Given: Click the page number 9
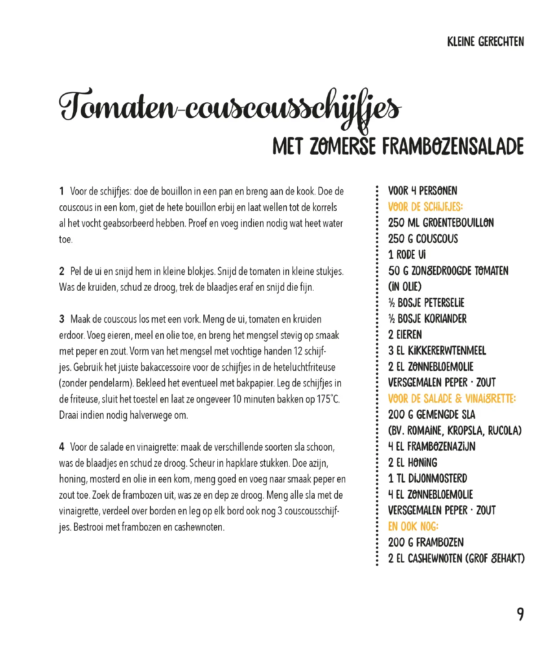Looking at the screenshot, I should click(520, 614).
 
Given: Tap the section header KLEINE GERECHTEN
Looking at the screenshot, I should click(485, 42).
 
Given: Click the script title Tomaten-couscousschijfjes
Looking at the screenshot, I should click(229, 108).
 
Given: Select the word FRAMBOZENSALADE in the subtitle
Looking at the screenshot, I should click(453, 147).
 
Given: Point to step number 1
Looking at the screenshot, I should click(62, 191).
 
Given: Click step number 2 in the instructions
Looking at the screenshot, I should click(62, 271).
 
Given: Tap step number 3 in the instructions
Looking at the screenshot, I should click(62, 319).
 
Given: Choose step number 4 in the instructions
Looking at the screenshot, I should click(62, 447).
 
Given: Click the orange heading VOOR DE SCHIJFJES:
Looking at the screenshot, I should click(425, 207).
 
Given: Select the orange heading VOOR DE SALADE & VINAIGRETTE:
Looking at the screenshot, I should click(452, 399).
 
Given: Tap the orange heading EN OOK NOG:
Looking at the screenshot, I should click(413, 527).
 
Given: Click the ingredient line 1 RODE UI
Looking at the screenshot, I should click(407, 255).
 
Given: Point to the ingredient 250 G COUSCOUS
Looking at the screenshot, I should click(423, 239).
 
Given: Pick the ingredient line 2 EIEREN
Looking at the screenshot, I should click(405, 335).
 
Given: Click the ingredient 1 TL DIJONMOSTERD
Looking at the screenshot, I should click(427, 479).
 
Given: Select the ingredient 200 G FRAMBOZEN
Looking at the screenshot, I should click(426, 542).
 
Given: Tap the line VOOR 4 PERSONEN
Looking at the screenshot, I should click(422, 191).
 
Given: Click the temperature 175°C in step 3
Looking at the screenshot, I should click(328, 399).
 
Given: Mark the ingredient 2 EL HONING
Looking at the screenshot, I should click(412, 463).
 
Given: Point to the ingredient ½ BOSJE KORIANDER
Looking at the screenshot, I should click(427, 319).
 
